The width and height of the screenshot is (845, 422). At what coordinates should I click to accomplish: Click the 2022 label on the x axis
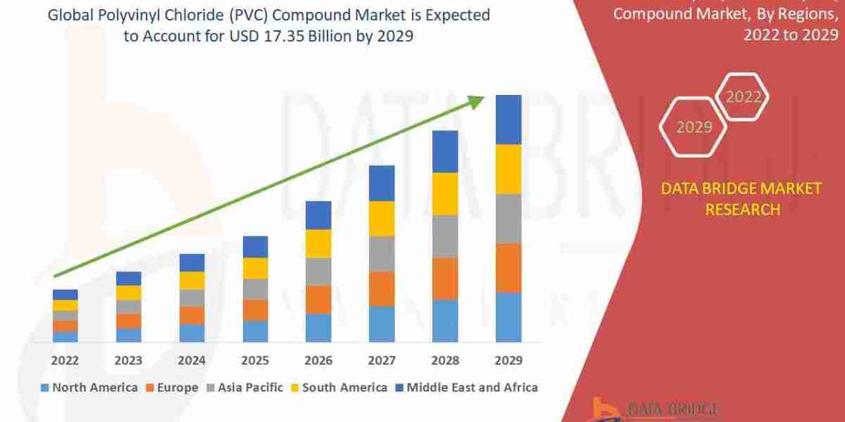pos(65,360)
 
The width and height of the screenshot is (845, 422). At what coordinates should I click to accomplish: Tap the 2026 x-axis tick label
pos(318,360)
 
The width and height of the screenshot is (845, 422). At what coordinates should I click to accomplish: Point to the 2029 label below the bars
pos(508,360)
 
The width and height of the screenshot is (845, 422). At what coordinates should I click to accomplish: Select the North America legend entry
pos(89,388)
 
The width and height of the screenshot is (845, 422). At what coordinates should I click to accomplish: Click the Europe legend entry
pos(173,388)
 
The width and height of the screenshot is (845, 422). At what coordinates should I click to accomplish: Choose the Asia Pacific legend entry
pos(244,388)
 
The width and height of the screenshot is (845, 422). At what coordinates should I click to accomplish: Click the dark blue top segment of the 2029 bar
pos(508,120)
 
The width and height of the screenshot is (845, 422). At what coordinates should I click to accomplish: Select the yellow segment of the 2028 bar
pos(445,193)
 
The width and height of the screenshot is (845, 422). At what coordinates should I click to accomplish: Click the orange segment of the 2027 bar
pos(382,288)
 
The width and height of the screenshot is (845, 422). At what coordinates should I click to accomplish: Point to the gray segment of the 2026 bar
pos(318,271)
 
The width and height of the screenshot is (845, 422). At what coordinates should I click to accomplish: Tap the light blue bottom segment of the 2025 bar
pos(255,331)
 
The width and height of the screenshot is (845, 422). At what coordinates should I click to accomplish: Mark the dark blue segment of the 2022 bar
pos(65,295)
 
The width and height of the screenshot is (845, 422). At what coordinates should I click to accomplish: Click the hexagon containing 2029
pos(694,127)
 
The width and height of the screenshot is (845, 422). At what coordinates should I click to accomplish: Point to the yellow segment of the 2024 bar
pos(192,281)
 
